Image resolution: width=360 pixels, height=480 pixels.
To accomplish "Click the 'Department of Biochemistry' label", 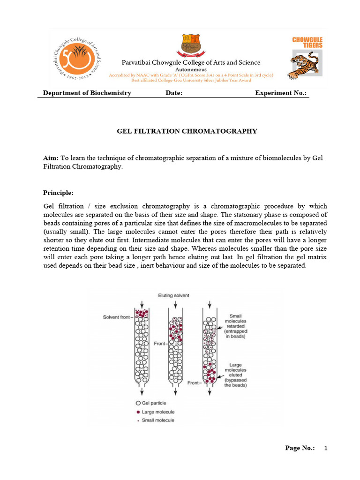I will point(87,93).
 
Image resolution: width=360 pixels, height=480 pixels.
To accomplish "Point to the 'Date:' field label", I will point(174,93).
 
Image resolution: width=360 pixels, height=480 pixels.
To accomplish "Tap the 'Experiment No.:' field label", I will point(281,93).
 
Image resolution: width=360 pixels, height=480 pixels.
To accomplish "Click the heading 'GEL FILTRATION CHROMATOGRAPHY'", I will point(187,131).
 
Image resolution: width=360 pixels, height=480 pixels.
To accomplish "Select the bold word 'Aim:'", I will point(51,158).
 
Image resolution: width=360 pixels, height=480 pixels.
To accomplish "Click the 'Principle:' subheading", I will point(58,193).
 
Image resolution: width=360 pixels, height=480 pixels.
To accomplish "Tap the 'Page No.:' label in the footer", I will point(300,448).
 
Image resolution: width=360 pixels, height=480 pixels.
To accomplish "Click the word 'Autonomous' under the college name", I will point(190,69).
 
